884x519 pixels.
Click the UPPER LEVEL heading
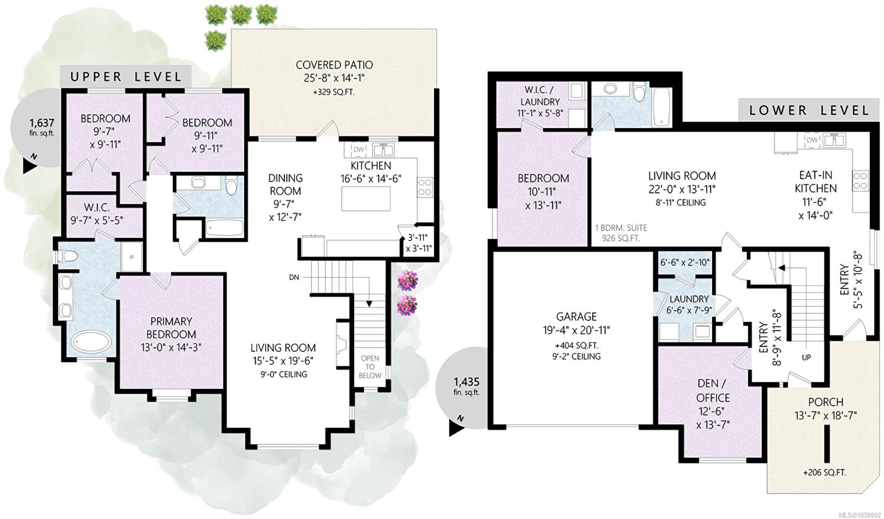tap(125, 77)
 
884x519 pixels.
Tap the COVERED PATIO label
tap(334, 65)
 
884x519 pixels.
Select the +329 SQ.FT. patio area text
tap(334, 93)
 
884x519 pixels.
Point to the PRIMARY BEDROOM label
tap(171, 328)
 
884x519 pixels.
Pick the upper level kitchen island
tap(366, 199)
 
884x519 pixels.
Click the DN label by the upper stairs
tap(294, 277)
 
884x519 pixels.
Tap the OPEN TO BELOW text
tap(370, 367)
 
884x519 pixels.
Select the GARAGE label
tap(576, 317)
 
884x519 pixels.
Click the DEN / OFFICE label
tap(713, 390)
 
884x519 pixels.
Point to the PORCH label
tap(825, 403)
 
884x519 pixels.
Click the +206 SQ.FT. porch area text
tap(825, 473)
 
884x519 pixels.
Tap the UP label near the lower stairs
tap(806, 357)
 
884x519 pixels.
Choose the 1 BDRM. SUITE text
tap(621, 228)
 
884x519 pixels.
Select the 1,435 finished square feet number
tap(466, 382)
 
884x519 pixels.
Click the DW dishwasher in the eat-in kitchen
tap(812, 140)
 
